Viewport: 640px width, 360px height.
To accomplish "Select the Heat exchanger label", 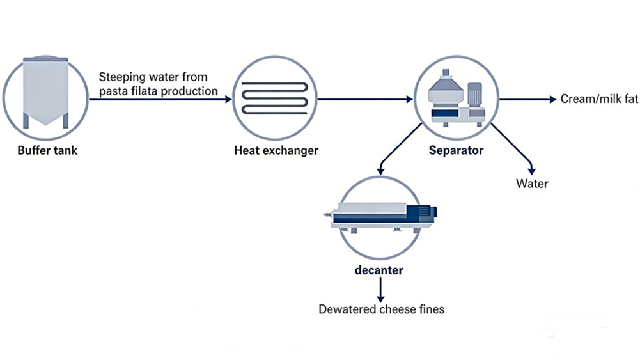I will (276, 151).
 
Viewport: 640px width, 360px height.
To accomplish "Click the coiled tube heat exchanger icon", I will (275, 99).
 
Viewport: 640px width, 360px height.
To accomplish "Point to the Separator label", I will (457, 151).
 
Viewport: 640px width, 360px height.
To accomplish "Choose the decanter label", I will (379, 270).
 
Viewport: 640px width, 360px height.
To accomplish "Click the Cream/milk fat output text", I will (599, 99).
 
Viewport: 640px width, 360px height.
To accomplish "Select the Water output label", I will (532, 184).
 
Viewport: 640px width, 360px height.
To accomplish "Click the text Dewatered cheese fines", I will (381, 309).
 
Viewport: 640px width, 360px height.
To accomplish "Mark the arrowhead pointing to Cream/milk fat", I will (550, 99).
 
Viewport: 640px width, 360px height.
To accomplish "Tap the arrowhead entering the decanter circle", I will (381, 171).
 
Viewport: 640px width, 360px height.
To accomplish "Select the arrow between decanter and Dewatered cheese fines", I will (380, 290).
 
